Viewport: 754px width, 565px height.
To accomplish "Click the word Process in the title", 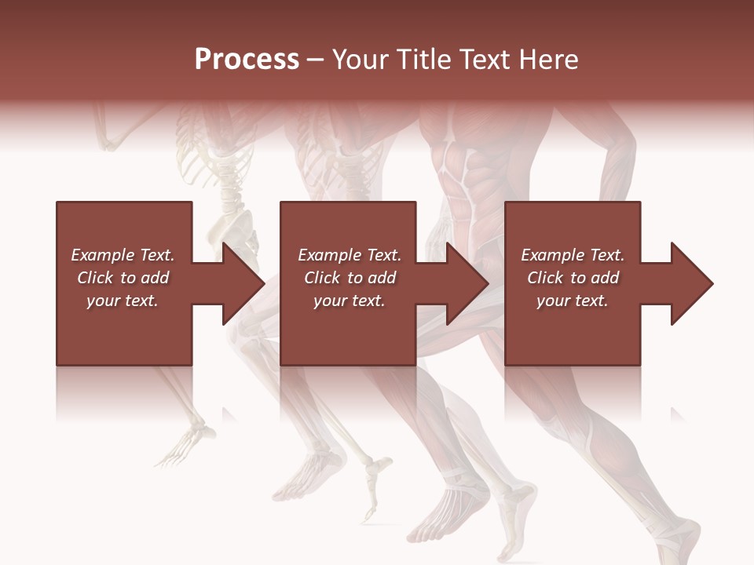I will click(x=247, y=60).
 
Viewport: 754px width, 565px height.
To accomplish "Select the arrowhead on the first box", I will click(x=243, y=283).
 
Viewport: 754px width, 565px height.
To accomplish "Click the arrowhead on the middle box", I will click(x=467, y=283).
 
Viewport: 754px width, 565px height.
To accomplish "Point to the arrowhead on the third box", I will click(x=691, y=283).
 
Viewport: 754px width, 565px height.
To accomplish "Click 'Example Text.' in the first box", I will click(x=123, y=255).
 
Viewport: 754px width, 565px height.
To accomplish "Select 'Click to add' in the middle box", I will click(x=350, y=278).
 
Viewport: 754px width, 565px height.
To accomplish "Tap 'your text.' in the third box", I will click(x=573, y=301).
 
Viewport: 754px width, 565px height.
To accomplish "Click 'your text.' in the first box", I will click(x=123, y=301).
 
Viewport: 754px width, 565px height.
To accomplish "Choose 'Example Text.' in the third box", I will click(x=573, y=255).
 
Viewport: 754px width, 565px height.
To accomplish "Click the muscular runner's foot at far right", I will click(x=675, y=541).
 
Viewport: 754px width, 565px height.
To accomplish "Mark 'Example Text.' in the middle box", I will click(x=350, y=255).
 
